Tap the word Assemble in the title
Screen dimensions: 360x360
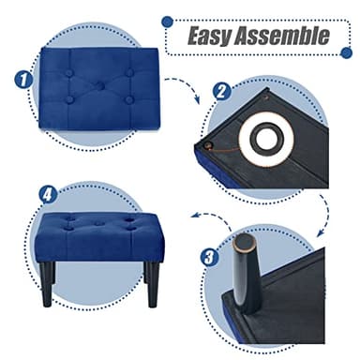click(x=281, y=37)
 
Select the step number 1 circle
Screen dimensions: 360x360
click(x=23, y=81)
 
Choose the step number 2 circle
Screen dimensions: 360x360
click(x=221, y=91)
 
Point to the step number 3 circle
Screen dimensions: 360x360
click(x=211, y=255)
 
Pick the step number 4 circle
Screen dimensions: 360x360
click(x=47, y=194)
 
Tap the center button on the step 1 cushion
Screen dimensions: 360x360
click(x=96, y=86)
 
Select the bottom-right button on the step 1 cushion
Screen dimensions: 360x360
click(x=128, y=99)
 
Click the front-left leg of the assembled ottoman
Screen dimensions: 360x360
click(x=50, y=279)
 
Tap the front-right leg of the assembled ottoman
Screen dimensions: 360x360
click(x=152, y=285)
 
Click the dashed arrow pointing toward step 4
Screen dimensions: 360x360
click(x=206, y=216)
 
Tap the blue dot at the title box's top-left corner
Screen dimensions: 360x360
click(x=168, y=20)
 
